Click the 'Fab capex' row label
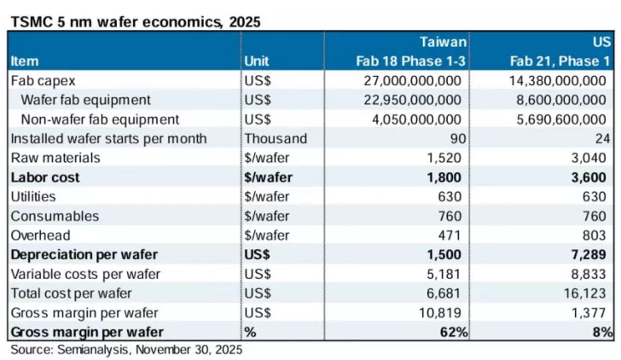[44, 80]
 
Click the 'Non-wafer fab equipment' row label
[99, 119]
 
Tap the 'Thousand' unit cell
[275, 138]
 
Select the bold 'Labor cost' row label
[44, 177]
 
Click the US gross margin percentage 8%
[602, 331]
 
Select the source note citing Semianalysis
[126, 349]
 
